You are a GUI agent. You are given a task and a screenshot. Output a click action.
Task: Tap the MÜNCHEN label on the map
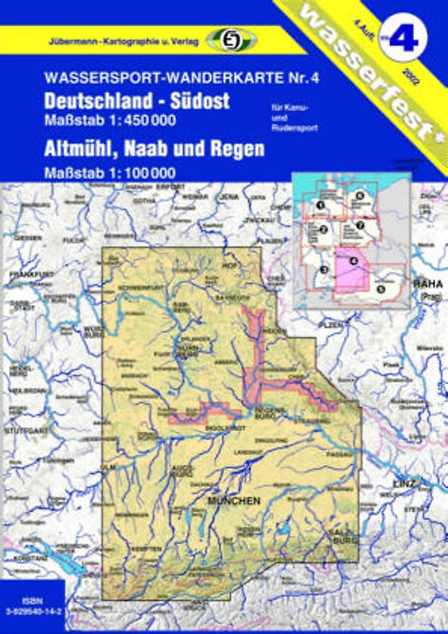click(234, 501)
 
